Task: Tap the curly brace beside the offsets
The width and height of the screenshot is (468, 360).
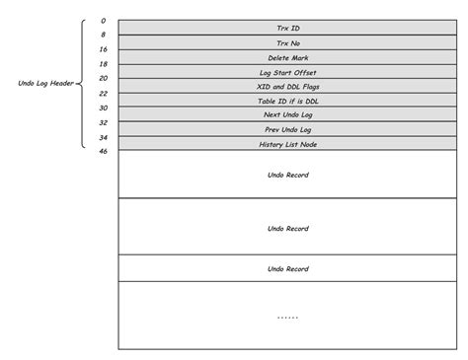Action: click(83, 83)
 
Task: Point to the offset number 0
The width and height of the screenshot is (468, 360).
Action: click(103, 20)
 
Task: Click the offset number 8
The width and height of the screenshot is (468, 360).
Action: click(103, 35)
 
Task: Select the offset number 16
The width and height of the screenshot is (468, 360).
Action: click(103, 49)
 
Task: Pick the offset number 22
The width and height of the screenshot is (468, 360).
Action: click(103, 93)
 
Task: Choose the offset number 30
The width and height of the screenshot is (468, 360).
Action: click(103, 108)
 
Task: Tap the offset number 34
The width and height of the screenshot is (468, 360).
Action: click(103, 137)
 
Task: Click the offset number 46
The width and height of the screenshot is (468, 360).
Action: click(103, 152)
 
